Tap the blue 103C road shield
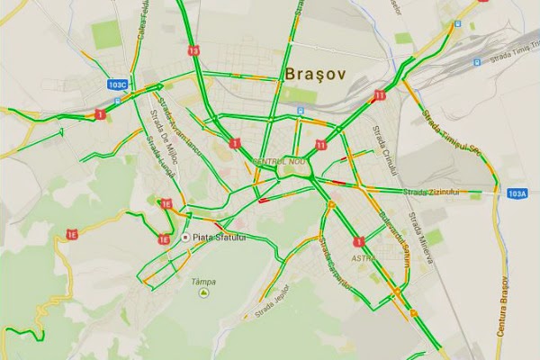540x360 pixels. [117, 85]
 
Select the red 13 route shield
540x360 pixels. [194, 50]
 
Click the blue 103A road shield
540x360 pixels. [517, 193]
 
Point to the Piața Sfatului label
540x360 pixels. [220, 238]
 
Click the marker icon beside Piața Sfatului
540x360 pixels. [186, 238]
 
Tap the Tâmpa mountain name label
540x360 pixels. [203, 281]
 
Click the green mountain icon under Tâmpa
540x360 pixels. [204, 292]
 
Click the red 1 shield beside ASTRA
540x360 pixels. [359, 241]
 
